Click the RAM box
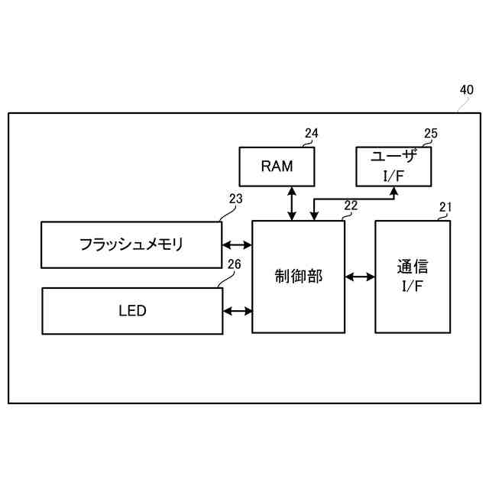tap(277, 167)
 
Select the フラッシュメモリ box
tap(131, 244)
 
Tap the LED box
tap(132, 311)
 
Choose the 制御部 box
tap(299, 277)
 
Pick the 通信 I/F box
tap(413, 277)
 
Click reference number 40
tap(466, 89)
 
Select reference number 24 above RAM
tap(311, 134)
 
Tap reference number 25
tap(431, 134)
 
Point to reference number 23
tap(235, 199)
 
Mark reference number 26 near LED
tap(235, 265)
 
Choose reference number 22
tap(351, 206)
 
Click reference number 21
tap(445, 206)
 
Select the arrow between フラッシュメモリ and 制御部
tap(237, 245)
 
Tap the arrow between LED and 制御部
tap(237, 311)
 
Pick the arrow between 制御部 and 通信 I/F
tap(360, 277)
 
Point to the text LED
tap(132, 311)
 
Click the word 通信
tap(413, 267)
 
